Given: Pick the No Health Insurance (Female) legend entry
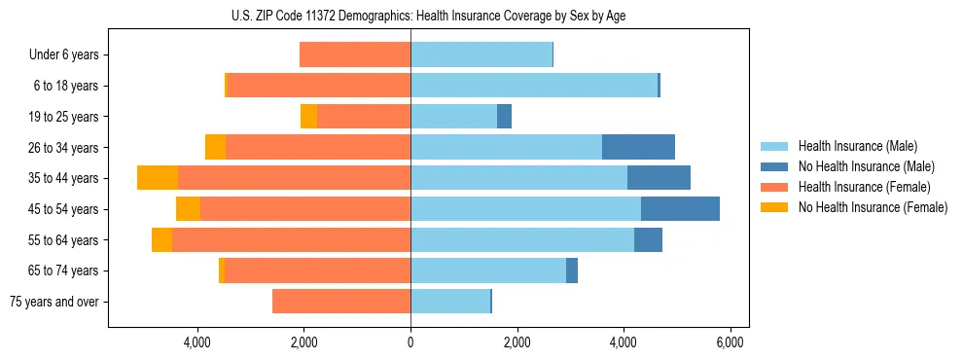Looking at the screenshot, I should tap(873, 207).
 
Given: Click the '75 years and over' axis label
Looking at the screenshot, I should tap(53, 302).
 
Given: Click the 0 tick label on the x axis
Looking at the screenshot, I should tap(410, 342).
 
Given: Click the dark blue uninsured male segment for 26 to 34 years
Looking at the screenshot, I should tap(638, 147).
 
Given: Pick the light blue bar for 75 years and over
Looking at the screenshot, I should tap(450, 301).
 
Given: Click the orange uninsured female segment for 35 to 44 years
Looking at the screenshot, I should tap(158, 178).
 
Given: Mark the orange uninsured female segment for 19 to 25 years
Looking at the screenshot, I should tap(308, 117).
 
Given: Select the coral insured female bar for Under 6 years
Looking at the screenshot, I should tap(355, 54).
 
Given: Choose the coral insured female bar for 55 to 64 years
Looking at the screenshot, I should tap(291, 239).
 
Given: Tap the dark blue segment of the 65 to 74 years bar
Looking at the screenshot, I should tap(572, 270).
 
